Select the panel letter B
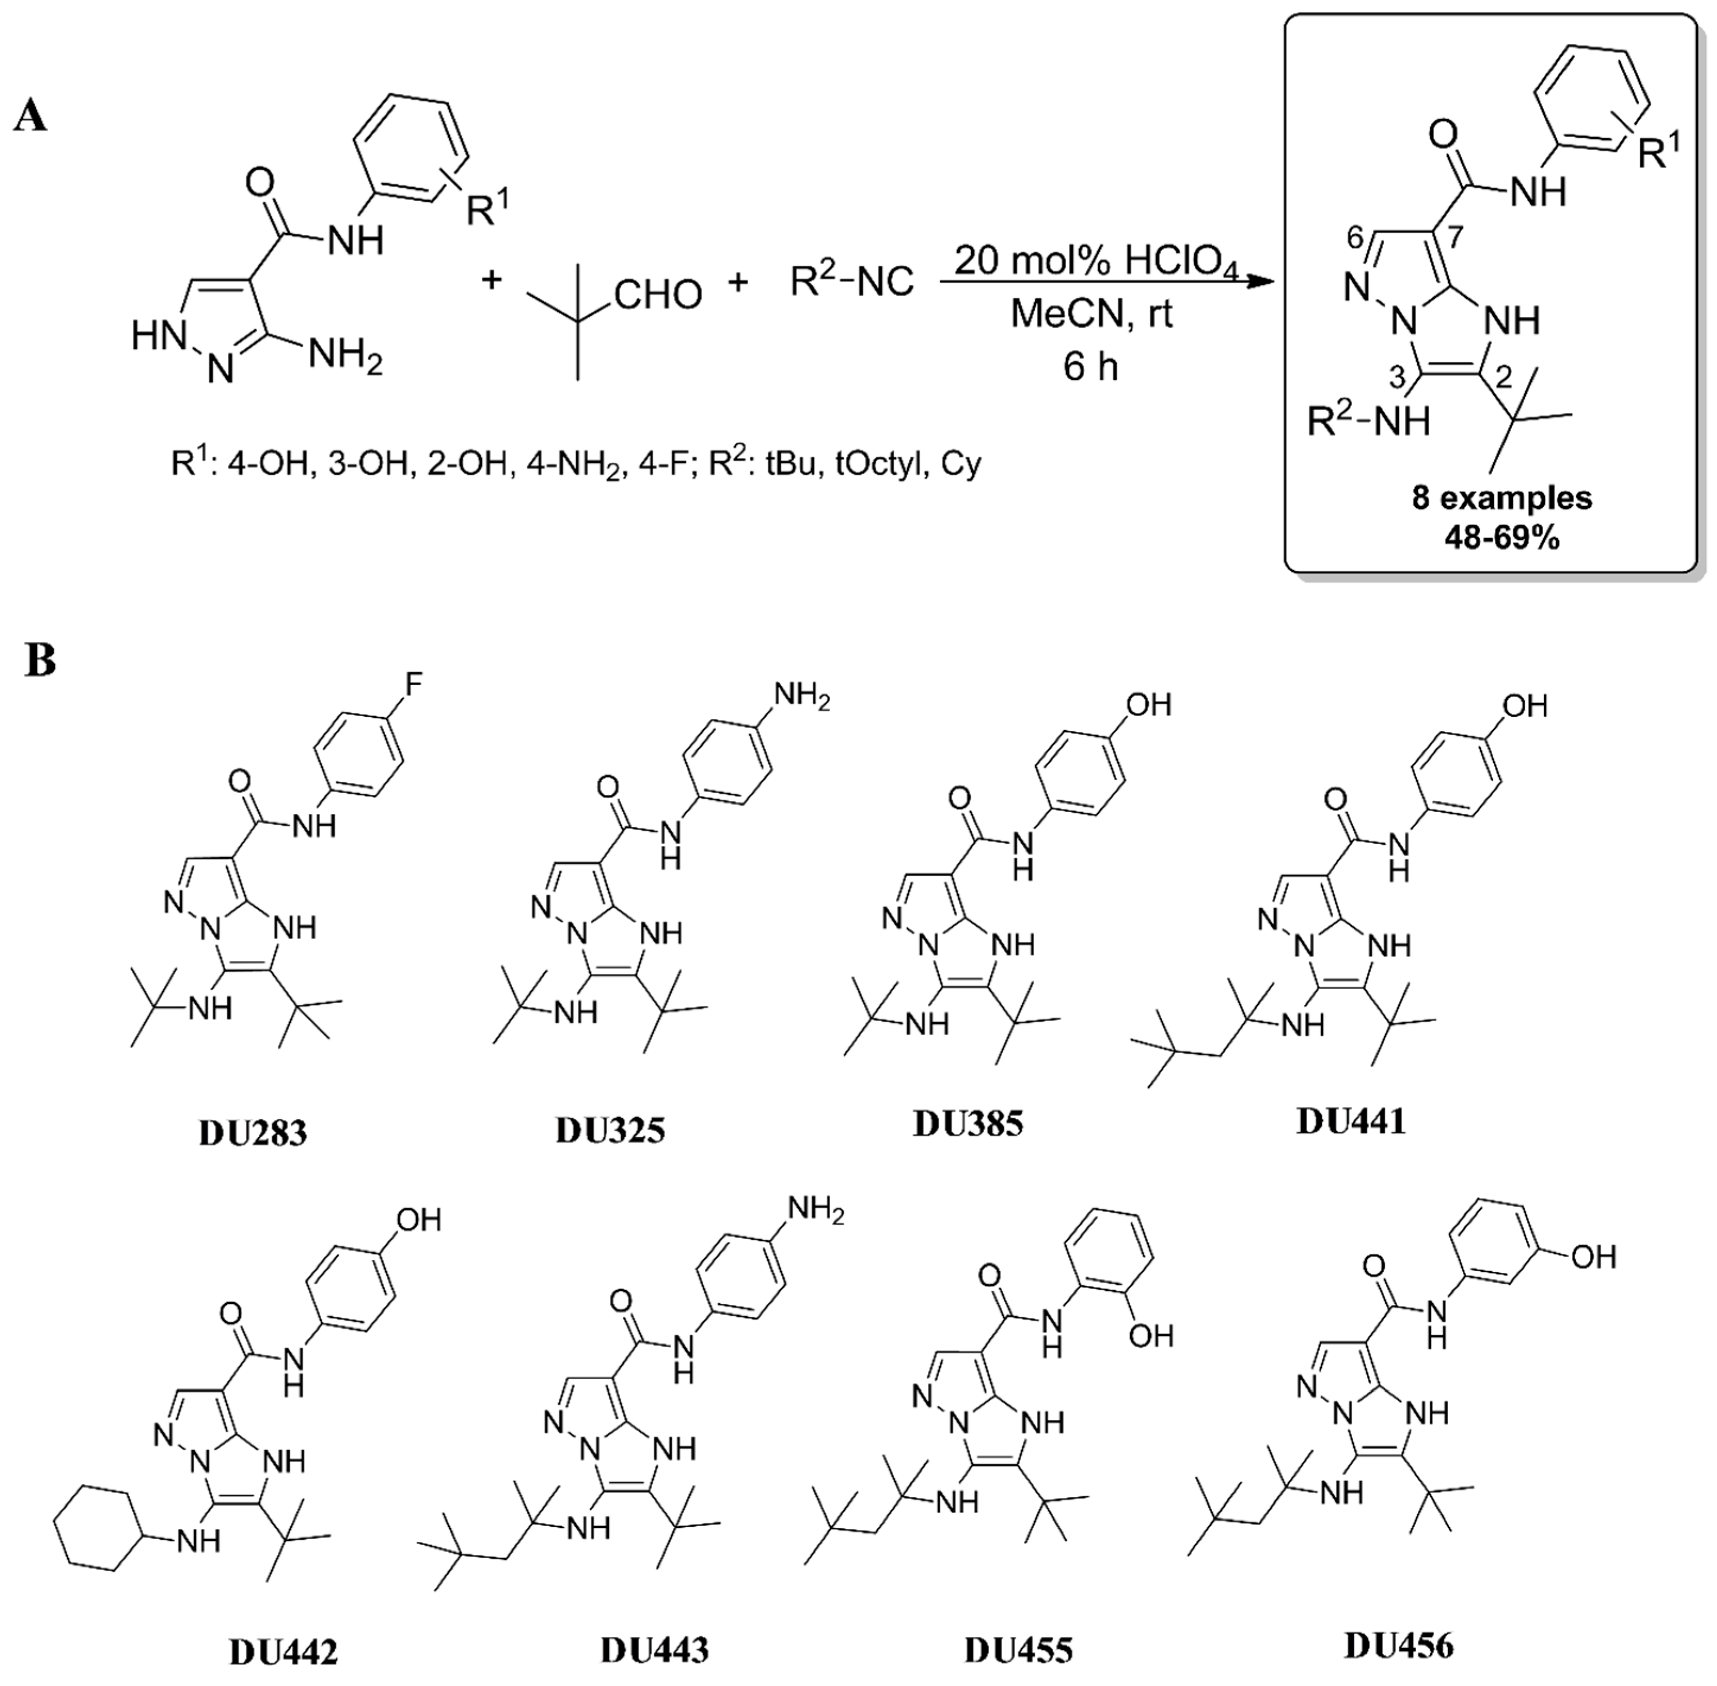pyautogui.click(x=41, y=662)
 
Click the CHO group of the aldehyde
pyautogui.click(x=658, y=295)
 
